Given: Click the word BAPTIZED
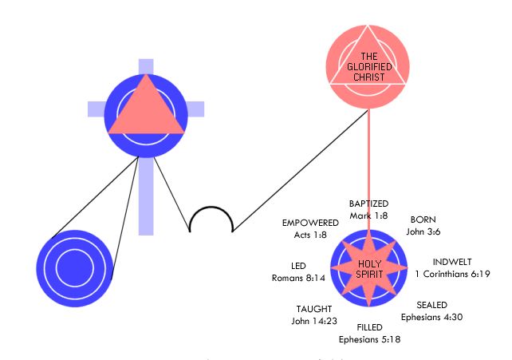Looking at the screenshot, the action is point(368,204).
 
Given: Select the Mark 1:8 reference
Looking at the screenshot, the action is point(368,216).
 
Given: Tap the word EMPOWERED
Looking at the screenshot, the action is point(310,223).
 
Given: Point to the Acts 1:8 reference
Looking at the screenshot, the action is point(310,235).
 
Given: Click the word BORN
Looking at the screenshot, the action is point(423,220).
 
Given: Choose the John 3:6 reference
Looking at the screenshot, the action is point(423,231).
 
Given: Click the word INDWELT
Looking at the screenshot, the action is point(452,262).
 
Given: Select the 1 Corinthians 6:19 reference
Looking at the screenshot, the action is point(452,274).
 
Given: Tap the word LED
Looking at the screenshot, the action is point(298,266).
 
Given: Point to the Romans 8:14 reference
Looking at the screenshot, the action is point(298,278).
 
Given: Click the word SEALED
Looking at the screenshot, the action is point(431,305).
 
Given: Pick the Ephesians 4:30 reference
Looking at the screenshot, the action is point(431,317).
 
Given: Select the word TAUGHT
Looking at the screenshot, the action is point(314,309).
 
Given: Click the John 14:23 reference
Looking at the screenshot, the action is point(314,321).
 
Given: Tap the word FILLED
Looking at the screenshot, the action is point(369,327).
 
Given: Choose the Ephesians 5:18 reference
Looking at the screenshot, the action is point(369,340).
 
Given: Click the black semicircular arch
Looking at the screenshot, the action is point(211,207).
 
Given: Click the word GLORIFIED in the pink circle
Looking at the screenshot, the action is point(369,67).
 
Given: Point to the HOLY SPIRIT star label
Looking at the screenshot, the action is point(369,269).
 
